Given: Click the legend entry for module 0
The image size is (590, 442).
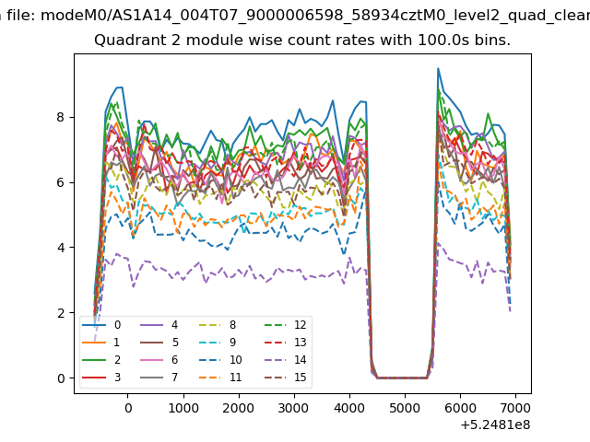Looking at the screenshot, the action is click(101, 325).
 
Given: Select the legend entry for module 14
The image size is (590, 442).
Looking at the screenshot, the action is click(286, 360).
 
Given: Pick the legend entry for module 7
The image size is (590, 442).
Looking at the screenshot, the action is click(159, 377).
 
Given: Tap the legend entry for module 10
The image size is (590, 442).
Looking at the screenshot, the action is click(220, 360).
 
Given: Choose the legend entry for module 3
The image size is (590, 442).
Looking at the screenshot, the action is click(101, 377).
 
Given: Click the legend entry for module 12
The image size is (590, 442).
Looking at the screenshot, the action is click(286, 325).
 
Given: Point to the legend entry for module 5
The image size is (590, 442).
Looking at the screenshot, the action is click(159, 343).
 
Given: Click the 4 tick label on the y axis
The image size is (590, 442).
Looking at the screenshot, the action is click(61, 248).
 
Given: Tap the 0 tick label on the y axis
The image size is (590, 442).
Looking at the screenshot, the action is click(61, 378).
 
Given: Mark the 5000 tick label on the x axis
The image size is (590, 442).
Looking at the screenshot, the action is click(406, 408).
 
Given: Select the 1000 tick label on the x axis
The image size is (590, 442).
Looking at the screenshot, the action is click(183, 408).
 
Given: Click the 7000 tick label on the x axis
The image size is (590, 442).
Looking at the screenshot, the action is click(515, 408).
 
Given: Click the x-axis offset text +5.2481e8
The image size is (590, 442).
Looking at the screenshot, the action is click(495, 425).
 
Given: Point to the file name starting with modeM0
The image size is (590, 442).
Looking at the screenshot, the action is click(315, 16).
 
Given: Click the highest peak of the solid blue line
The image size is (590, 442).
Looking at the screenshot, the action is click(438, 68).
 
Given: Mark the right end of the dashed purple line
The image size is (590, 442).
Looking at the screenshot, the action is click(510, 311).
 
